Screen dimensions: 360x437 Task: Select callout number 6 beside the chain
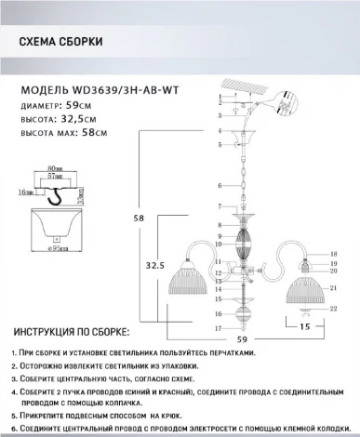click(220, 187)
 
